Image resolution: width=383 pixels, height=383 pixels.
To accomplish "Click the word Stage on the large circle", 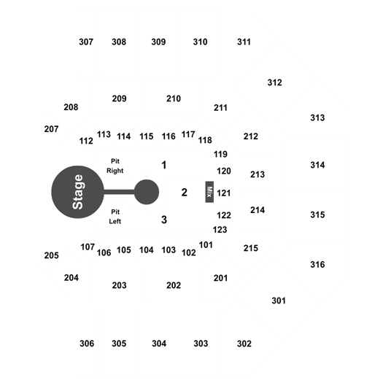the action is tap(78, 192).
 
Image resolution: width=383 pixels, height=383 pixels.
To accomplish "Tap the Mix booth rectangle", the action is tap(209, 192).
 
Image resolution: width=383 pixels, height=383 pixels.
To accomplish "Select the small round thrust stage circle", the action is tap(147, 192).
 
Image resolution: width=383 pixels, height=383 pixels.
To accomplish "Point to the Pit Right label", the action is tap(115, 166).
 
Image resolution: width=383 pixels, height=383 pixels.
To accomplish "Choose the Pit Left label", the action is tap(115, 217).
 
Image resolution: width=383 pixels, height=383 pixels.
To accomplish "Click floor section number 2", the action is tap(184, 193).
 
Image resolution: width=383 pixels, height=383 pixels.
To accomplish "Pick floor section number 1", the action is tap(164, 165).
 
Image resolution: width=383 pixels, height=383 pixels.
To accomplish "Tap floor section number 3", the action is tap(164, 220).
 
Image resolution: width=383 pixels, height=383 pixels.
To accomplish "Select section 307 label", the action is tap(86, 42).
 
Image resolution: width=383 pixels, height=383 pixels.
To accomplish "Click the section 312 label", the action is tap(275, 82).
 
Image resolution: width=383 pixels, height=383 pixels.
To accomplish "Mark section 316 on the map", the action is tap(317, 264).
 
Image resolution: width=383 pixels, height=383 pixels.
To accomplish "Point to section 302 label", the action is tap(244, 344).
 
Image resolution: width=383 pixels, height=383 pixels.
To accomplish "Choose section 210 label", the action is tap(174, 98).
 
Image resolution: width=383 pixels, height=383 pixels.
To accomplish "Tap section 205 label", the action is tap(52, 255).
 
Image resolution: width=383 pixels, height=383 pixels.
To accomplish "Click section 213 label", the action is tap(258, 174).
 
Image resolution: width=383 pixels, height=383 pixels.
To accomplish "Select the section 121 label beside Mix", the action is tap(224, 193).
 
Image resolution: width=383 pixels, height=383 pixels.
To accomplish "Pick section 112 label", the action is tap(86, 141).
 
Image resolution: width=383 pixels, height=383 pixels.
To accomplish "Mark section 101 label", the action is tap(206, 244).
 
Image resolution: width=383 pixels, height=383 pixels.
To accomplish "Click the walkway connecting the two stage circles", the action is tap(119, 192).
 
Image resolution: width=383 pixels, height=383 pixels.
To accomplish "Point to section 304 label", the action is tap(159, 344).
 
